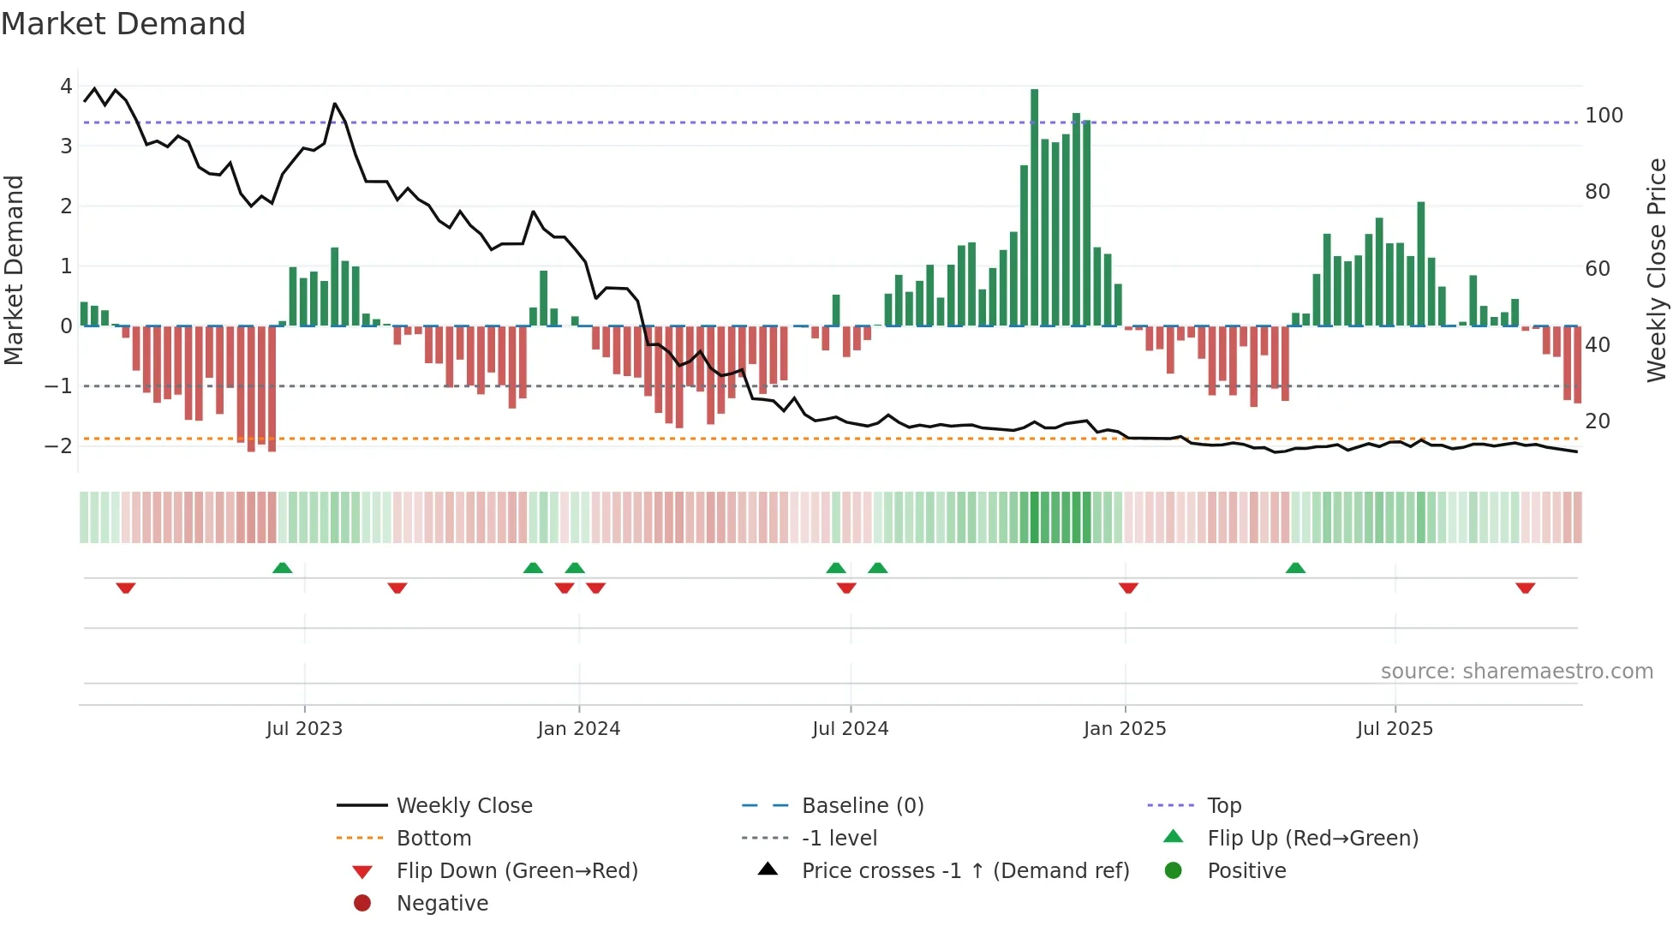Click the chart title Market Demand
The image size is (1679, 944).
coord(123,24)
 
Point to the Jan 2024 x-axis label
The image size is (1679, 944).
coord(578,729)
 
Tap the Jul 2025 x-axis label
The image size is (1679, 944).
coord(1394,729)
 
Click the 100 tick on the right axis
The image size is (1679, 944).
coord(1604,116)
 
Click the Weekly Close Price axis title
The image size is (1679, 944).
coord(1657,270)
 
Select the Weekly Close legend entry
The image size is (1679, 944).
coord(463,806)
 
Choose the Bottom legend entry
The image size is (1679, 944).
coord(433,839)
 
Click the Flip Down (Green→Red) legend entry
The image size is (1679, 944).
coord(517,871)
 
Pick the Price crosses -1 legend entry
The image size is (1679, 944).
coord(965,871)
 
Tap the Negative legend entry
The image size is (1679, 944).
coord(442,904)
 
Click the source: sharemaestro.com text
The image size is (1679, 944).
coord(1516,672)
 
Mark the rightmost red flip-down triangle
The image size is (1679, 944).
coord(1525,588)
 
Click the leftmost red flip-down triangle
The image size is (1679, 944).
coord(126,588)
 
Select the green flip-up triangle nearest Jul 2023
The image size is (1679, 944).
coord(282,568)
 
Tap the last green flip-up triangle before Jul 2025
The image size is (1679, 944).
coord(1295,568)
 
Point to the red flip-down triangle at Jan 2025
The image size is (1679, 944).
coord(1128,588)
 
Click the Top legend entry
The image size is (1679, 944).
coord(1223,806)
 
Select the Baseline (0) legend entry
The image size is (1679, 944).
coord(862,806)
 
